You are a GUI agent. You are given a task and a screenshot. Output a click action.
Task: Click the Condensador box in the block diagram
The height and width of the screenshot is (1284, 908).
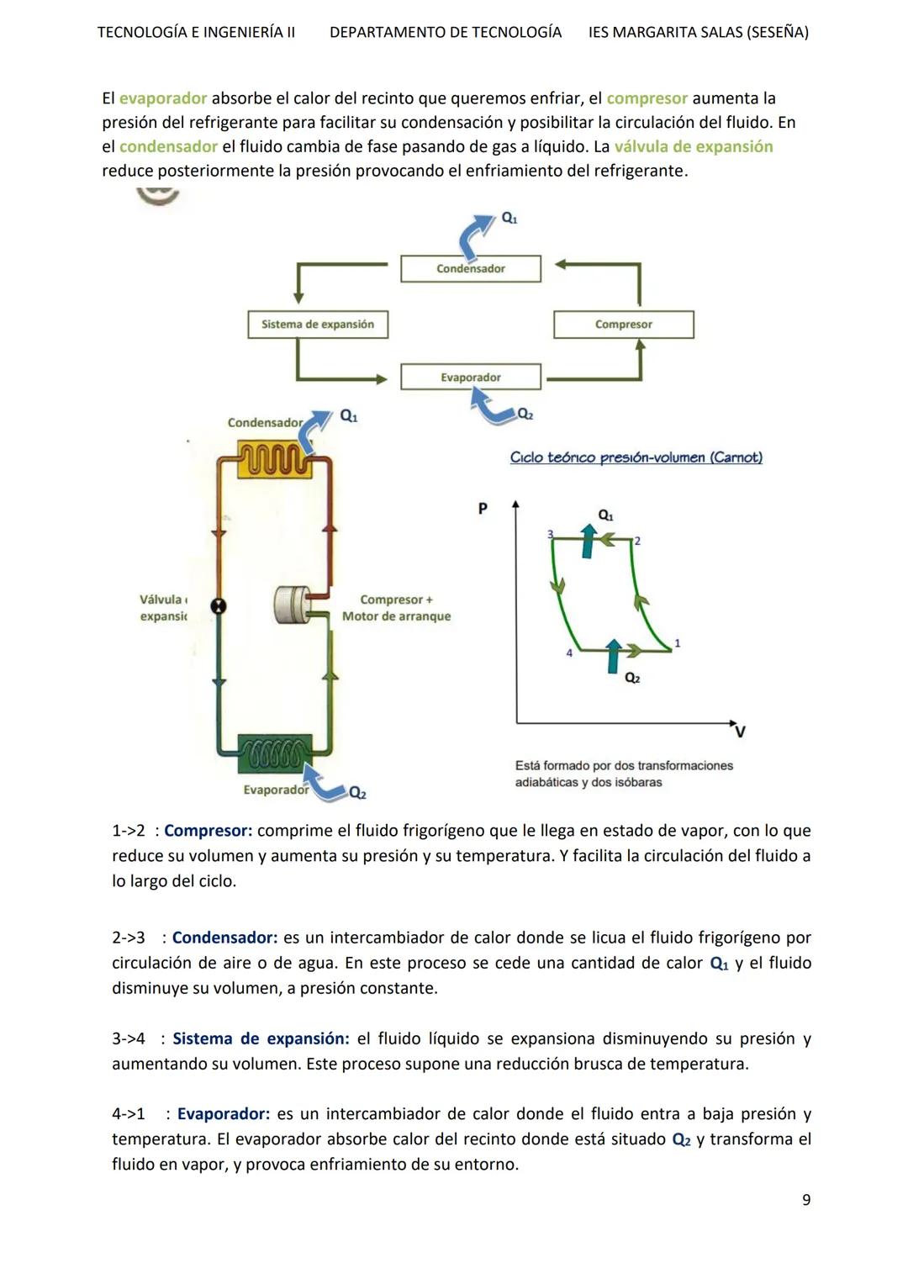pyautogui.click(x=471, y=268)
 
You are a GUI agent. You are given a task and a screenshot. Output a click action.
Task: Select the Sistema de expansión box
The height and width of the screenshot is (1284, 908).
pyautogui.click(x=318, y=325)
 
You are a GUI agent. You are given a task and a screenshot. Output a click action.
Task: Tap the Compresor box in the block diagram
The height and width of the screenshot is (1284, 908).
pyautogui.click(x=624, y=325)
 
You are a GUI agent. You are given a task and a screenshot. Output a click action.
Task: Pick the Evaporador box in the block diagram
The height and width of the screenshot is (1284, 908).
pyautogui.click(x=471, y=378)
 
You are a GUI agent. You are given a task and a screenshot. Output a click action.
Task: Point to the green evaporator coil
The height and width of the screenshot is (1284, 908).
pyautogui.click(x=275, y=750)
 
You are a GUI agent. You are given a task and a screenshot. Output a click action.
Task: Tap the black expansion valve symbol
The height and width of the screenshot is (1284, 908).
pyautogui.click(x=219, y=606)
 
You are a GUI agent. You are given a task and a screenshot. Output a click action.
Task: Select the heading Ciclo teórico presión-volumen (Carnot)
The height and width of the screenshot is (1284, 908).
pyautogui.click(x=636, y=457)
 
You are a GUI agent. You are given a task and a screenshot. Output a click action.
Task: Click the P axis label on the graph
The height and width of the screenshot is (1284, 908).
pyautogui.click(x=483, y=509)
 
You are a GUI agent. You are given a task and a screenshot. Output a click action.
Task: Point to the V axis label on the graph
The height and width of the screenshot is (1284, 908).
pyautogui.click(x=740, y=732)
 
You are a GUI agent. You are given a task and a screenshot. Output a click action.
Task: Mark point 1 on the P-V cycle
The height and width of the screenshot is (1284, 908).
pyautogui.click(x=678, y=643)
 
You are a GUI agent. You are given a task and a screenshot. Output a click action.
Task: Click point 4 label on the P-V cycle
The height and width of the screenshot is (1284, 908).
pyautogui.click(x=569, y=653)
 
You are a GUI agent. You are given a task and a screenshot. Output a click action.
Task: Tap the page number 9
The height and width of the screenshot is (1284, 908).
pyautogui.click(x=806, y=1200)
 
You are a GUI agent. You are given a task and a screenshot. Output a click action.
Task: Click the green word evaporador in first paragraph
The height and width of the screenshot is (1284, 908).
pyautogui.click(x=163, y=98)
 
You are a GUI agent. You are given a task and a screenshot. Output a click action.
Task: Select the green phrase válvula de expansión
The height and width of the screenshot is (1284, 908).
pyautogui.click(x=694, y=146)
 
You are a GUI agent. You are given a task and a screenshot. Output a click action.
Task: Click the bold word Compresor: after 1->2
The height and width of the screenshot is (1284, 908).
pyautogui.click(x=208, y=831)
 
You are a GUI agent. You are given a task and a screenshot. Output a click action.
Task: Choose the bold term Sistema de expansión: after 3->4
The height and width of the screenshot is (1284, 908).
pyautogui.click(x=261, y=1038)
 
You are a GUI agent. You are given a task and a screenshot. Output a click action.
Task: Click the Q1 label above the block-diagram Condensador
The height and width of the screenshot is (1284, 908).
pyautogui.click(x=509, y=218)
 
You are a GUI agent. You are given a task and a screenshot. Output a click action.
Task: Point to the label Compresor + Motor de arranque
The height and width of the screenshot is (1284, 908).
pyautogui.click(x=396, y=608)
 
